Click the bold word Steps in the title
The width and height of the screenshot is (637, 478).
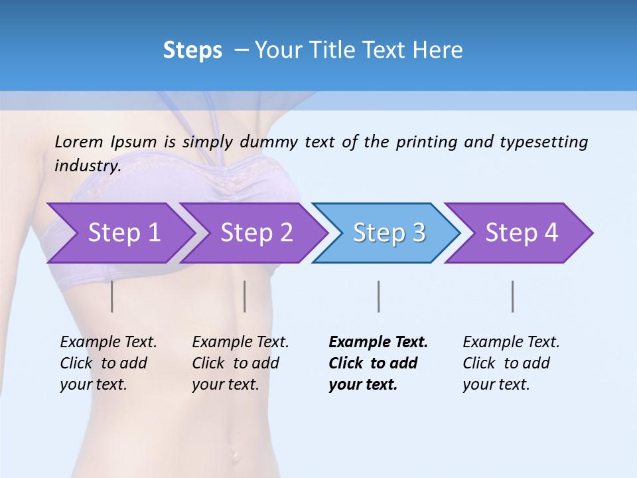click(x=192, y=50)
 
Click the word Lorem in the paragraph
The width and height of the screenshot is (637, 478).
click(x=79, y=141)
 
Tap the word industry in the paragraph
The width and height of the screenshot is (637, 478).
click(x=87, y=165)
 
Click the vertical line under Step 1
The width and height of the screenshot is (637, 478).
click(x=112, y=296)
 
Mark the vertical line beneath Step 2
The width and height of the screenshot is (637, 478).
click(x=245, y=296)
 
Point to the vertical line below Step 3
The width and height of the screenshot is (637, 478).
click(x=378, y=296)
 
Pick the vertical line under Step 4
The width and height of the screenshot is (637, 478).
click(x=512, y=296)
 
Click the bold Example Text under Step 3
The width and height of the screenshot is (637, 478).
click(x=378, y=343)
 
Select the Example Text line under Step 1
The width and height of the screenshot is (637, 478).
click(x=108, y=343)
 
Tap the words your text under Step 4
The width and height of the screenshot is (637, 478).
click(x=496, y=384)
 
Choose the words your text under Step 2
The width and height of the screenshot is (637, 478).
click(x=225, y=384)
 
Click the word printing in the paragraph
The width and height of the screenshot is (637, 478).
click(x=425, y=141)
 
